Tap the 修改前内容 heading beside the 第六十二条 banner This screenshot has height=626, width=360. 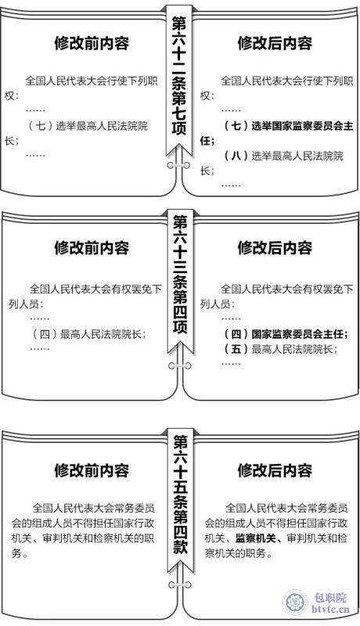92,43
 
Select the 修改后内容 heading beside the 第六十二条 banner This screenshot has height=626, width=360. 275,43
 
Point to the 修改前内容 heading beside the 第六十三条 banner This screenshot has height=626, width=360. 92,247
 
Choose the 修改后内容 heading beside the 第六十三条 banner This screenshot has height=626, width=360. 275,247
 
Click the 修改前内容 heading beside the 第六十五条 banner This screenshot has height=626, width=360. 92,470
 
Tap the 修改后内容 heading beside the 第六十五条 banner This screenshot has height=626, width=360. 275,470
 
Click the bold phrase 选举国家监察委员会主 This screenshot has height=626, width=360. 303,126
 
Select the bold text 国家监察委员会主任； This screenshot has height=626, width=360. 300,334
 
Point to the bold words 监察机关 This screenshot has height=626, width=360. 256,538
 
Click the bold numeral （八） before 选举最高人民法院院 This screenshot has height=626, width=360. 236,156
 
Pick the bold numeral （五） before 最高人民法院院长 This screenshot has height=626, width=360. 236,349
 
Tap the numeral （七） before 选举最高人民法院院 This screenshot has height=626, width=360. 41,126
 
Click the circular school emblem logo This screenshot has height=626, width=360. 295,602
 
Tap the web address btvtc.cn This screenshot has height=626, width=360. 330,610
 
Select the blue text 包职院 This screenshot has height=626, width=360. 330,598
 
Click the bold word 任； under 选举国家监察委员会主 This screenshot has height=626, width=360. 207,141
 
